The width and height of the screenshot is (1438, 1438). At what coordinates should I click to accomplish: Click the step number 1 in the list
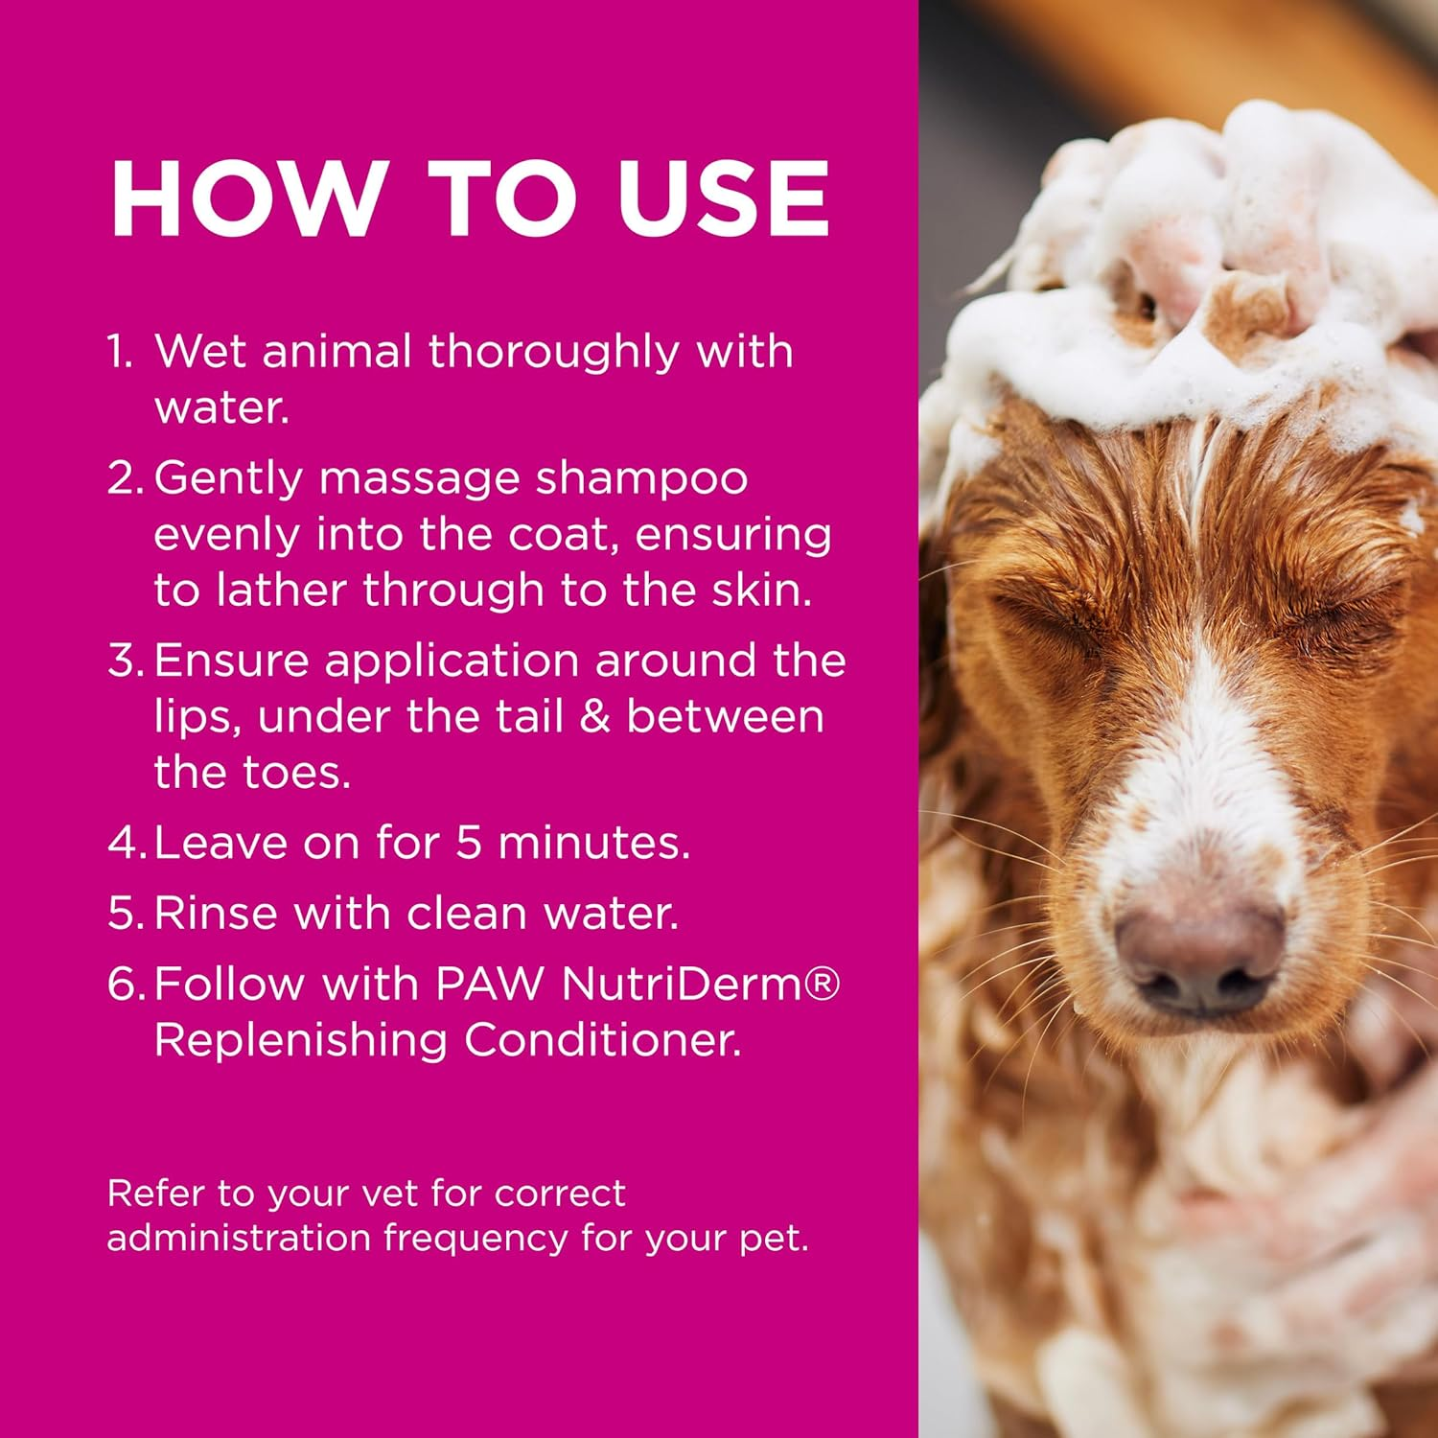[x=119, y=352]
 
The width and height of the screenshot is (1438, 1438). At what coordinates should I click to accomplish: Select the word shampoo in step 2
[x=641, y=477]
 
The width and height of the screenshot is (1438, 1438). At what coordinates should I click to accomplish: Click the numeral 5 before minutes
[x=468, y=843]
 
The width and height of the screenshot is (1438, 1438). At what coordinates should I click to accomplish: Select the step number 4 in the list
[x=125, y=843]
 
